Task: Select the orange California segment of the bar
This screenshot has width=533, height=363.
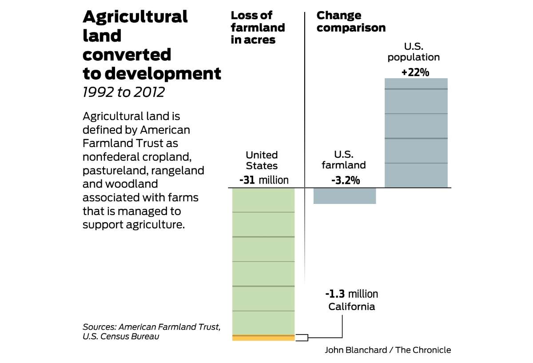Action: coord(263,338)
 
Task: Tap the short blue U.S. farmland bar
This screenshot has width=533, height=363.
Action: coord(345,196)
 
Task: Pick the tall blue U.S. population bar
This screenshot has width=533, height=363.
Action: coord(416,133)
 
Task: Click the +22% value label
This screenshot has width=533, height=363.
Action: coord(415,72)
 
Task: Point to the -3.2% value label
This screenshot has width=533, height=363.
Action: coord(345,180)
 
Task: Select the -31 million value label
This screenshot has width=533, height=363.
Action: coord(263,180)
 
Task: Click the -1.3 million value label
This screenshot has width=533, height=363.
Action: coord(351,294)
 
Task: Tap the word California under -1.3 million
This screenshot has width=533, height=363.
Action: coord(351,307)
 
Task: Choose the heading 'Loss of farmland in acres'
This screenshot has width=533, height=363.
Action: coord(258,28)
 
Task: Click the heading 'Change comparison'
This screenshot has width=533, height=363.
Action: coord(351,22)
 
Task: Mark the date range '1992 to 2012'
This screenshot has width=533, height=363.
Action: coord(123,92)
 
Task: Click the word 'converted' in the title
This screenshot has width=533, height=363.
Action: coord(127,55)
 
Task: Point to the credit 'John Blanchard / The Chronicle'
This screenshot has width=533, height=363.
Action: coord(388,350)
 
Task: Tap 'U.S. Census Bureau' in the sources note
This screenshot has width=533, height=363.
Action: coord(121,336)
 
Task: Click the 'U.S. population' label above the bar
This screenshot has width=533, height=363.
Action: coord(414,52)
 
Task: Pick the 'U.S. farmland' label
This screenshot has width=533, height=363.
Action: coord(344,160)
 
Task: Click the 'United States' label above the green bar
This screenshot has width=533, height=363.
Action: coord(262,160)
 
